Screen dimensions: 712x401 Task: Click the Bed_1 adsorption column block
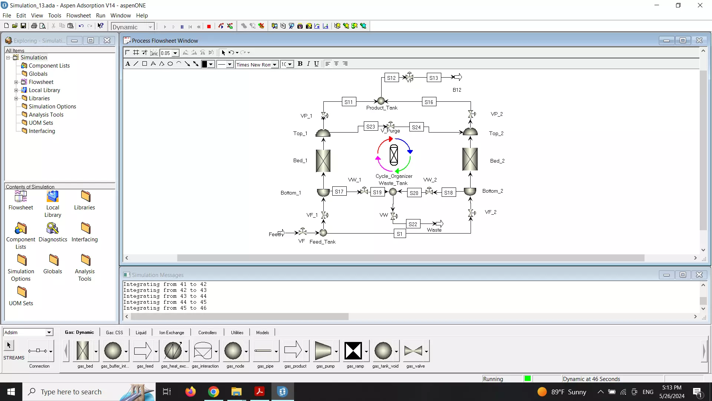(323, 161)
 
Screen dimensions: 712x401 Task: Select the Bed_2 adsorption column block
(470, 159)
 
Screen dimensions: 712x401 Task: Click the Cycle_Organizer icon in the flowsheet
(394, 155)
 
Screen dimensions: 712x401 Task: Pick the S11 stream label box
(349, 102)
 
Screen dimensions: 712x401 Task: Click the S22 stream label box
(413, 224)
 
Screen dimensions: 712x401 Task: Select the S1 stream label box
(399, 234)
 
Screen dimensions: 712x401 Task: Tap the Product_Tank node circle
(381, 101)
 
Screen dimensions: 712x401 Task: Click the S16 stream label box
(429, 102)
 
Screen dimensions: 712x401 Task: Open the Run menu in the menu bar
(100, 15)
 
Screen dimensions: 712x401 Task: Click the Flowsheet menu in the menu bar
(78, 15)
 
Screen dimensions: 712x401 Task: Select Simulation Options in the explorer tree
(52, 106)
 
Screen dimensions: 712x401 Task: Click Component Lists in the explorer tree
(49, 65)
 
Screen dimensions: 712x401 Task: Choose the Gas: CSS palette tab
(114, 332)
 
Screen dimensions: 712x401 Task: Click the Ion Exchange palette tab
(171, 332)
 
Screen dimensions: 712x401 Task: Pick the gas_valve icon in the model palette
(413, 351)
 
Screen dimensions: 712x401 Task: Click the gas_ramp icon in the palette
(353, 351)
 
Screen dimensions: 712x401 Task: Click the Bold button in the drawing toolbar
(300, 63)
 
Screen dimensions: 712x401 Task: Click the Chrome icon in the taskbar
(213, 392)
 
